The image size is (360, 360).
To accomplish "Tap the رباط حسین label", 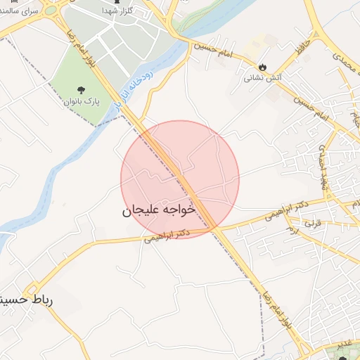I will coord(28,300).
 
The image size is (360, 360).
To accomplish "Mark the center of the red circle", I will coord(180,179).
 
